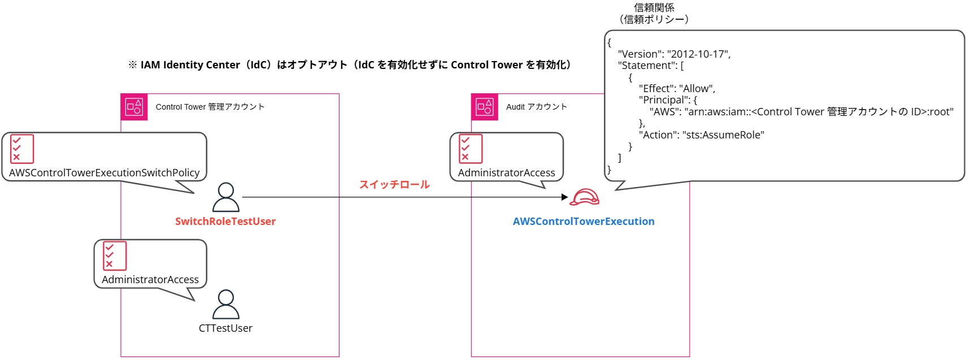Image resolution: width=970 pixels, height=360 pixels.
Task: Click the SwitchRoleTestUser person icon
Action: point(226,197)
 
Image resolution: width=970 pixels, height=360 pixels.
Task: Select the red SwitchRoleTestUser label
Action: point(225,222)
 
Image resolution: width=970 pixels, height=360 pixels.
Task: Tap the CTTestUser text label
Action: point(225,328)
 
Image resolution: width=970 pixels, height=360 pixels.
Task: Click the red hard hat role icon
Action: point(584,197)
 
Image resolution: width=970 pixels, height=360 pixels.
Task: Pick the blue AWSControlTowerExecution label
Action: point(584,222)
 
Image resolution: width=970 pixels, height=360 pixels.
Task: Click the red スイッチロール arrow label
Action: point(394,185)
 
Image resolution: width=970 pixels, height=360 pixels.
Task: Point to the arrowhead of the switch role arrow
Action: point(564,197)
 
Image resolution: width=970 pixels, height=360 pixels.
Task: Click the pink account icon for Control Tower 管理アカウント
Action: point(134,107)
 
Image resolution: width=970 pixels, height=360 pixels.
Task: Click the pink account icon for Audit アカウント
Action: point(485,107)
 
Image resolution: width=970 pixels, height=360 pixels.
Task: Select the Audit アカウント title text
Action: point(536,107)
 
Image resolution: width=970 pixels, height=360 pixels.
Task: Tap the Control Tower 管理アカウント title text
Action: point(210,107)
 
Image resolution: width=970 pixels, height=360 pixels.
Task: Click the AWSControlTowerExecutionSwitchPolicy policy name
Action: point(105,173)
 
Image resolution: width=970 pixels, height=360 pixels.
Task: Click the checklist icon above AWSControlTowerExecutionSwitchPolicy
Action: point(22,149)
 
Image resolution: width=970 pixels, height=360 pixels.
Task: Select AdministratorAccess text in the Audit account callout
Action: point(506,173)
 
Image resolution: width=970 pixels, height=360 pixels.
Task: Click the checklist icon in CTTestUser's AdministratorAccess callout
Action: point(115,255)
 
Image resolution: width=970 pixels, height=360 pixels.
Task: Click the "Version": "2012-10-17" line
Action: point(674,54)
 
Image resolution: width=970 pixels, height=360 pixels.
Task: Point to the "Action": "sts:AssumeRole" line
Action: point(701,135)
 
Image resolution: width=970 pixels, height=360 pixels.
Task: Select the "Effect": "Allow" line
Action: point(677,89)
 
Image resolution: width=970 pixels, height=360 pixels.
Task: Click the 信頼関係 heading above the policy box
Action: point(654,8)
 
